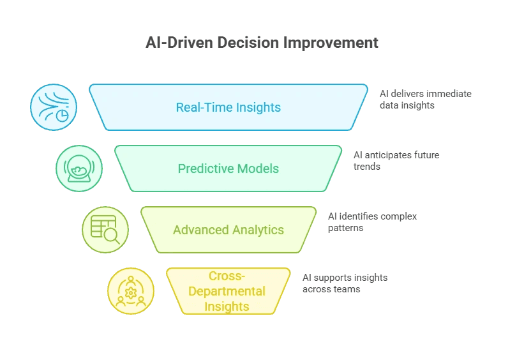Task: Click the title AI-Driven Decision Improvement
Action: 262,43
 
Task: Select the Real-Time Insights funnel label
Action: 228,107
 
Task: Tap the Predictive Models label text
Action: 228,169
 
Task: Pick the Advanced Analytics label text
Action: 228,230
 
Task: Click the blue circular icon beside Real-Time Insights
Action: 54,107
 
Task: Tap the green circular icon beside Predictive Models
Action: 79,169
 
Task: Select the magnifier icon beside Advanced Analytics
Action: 105,230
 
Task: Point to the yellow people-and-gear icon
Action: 131,291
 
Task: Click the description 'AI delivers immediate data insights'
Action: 425,99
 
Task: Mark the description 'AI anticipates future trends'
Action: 396,160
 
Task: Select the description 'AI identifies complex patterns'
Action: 372,221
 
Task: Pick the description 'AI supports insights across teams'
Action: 345,283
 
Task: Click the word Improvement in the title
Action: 334,43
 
